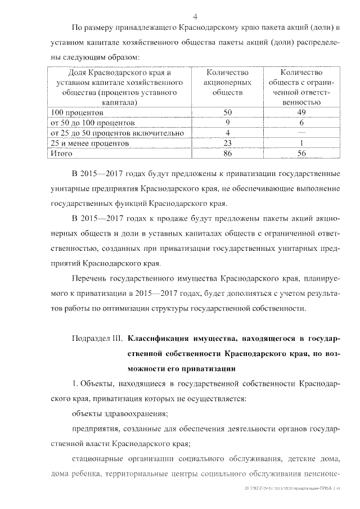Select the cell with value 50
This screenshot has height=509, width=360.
coord(228,112)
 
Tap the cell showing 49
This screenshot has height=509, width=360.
coord(301,112)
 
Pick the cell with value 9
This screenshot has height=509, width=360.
coord(228,123)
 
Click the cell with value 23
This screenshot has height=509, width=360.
coord(228,143)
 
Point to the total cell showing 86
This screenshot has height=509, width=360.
coord(228,154)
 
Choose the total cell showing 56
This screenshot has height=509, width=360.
coord(301,154)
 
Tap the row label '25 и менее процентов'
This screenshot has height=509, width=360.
coord(90,143)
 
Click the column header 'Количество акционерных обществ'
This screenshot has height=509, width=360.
coord(228,83)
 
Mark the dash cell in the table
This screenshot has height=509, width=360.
coord(301,133)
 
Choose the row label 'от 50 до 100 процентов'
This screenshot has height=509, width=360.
coord(93,123)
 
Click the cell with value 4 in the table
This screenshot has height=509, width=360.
coord(228,133)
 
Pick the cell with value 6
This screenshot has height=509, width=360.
coord(301,123)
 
